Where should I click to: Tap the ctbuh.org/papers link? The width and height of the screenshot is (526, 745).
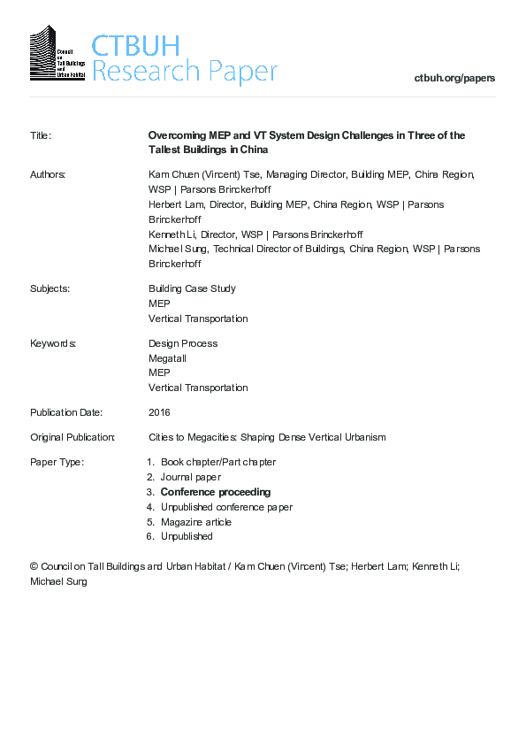click(x=454, y=78)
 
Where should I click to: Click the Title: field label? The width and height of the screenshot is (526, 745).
click(x=41, y=135)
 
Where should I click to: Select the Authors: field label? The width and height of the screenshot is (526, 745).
click(x=48, y=175)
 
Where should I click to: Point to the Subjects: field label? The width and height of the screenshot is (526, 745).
click(x=50, y=288)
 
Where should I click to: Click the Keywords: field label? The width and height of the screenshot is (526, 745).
click(x=52, y=343)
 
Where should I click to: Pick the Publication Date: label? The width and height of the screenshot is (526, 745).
click(x=66, y=412)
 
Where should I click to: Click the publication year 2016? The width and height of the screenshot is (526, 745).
click(x=159, y=412)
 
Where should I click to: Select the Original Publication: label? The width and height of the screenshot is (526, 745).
click(x=72, y=437)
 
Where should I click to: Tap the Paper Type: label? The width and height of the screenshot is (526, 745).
click(x=57, y=462)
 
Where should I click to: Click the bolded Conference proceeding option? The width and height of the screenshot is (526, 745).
click(x=215, y=492)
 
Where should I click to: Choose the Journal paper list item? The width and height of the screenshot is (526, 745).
click(x=190, y=477)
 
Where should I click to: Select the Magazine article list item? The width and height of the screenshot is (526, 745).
click(x=197, y=522)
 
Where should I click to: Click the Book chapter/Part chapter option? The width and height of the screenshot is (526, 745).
click(x=217, y=462)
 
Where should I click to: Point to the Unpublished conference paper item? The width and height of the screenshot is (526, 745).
click(x=225, y=507)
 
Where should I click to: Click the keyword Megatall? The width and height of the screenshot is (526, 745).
click(x=167, y=358)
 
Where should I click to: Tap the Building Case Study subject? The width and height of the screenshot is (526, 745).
click(x=192, y=288)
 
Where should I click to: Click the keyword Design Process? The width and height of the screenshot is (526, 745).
click(x=182, y=343)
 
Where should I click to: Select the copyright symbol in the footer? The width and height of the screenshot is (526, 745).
click(x=34, y=565)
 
